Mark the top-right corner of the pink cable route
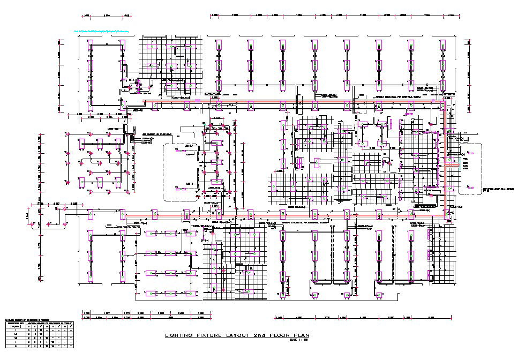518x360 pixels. [444, 101]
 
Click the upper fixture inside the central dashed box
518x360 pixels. [189, 151]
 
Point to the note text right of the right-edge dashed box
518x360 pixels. [498, 190]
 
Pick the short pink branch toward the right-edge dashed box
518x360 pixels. [451, 166]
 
